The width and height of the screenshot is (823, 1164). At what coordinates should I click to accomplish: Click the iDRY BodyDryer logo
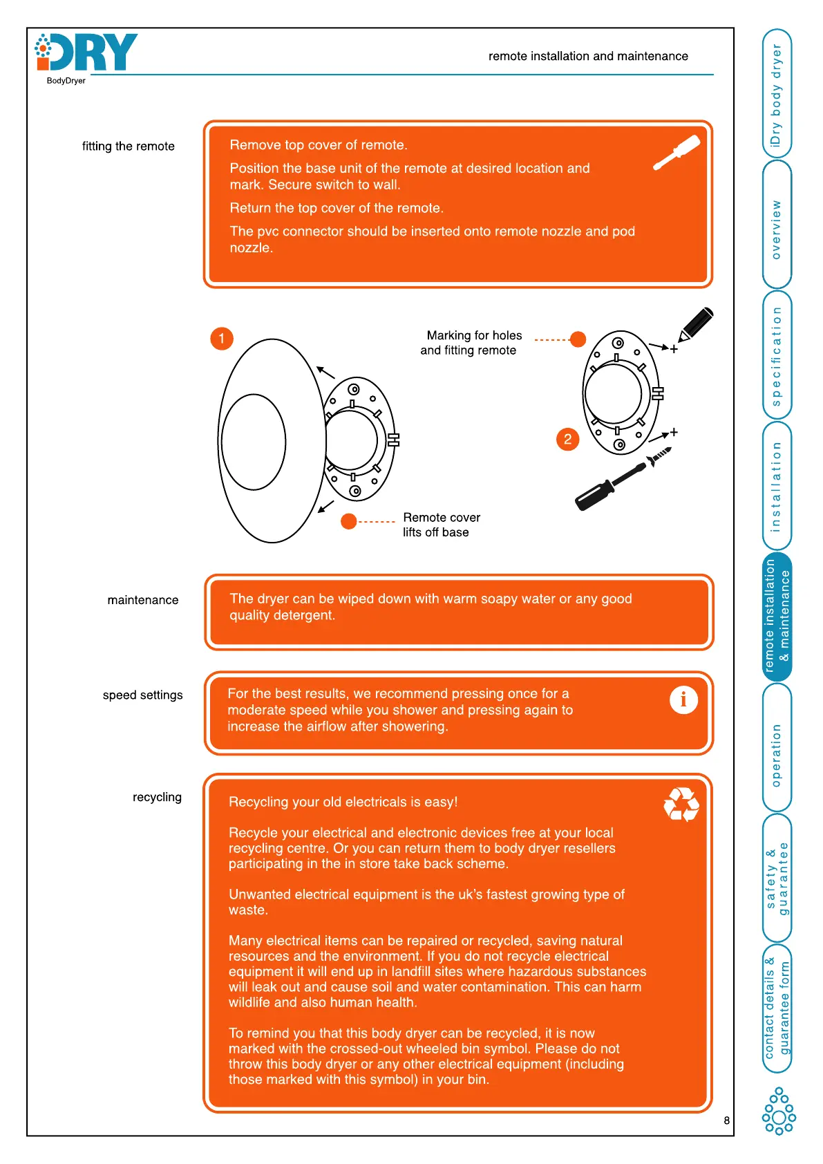coord(86,55)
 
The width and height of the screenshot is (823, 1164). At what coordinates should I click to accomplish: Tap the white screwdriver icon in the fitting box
coord(677,152)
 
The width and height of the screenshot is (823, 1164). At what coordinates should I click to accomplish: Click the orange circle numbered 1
coord(222,339)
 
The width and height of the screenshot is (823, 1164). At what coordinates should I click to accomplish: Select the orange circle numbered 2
coord(567,439)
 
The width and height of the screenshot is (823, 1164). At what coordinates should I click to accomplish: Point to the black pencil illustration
coord(696,323)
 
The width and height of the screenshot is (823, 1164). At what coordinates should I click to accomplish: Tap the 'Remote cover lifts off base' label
coord(441,525)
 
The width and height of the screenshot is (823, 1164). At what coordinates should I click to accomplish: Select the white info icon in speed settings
coord(683,700)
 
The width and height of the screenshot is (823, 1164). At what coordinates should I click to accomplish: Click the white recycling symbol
coord(681,805)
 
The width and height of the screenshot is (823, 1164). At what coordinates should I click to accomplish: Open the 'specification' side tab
coord(777,355)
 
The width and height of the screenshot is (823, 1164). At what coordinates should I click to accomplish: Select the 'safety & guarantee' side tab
coord(777,879)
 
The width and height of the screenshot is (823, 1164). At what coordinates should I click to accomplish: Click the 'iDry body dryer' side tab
coord(777,94)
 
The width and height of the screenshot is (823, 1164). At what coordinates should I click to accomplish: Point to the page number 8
coord(726,1120)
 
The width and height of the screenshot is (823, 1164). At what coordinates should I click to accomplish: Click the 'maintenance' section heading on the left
coord(143,600)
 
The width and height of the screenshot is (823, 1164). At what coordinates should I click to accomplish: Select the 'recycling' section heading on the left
coord(157,797)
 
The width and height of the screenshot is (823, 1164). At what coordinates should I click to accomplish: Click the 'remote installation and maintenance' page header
coord(588,56)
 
